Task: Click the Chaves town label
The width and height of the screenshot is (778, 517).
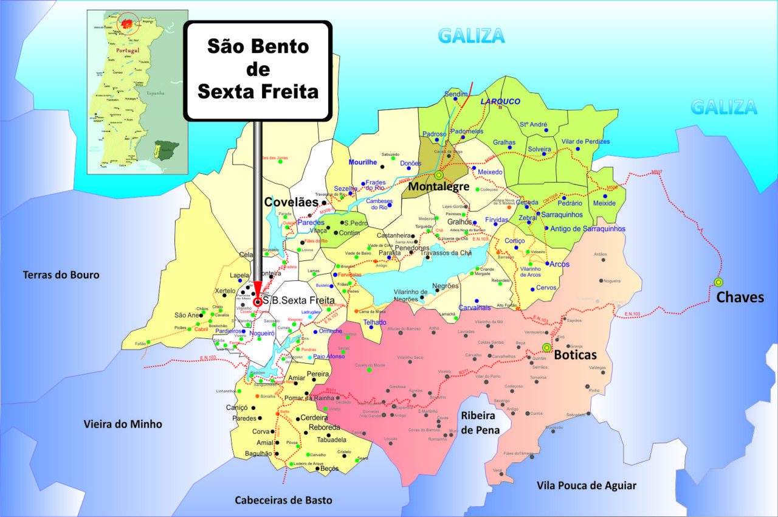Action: [x=740, y=297]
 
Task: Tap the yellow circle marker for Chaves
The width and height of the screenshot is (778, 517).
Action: [x=718, y=282]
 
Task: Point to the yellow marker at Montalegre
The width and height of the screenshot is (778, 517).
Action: [x=438, y=175]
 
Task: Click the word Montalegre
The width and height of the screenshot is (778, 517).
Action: [x=438, y=187]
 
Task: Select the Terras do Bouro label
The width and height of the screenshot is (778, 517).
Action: [x=61, y=275]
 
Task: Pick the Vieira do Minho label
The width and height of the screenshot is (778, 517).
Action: [x=123, y=424]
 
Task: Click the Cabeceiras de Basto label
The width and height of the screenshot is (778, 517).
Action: [x=284, y=500]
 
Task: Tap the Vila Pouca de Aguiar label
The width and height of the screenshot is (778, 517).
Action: [x=587, y=485]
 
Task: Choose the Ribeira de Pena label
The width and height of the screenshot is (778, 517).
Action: [x=480, y=423]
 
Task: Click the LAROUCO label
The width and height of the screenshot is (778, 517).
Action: [x=500, y=102]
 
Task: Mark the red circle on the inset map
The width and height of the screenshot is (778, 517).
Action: [x=128, y=24]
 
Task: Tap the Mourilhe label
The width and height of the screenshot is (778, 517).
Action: [x=363, y=162]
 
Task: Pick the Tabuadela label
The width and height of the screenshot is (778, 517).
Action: [x=327, y=440]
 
